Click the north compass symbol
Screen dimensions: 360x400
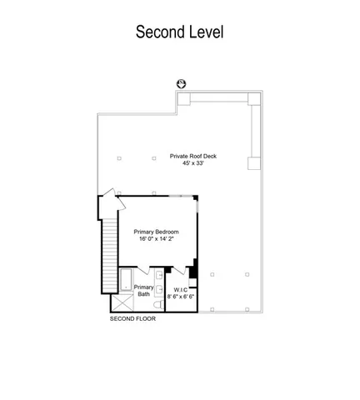click(181, 83)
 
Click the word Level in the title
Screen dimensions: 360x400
click(206, 32)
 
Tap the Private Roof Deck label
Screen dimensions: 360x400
click(193, 156)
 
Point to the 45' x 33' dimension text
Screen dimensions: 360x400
click(193, 163)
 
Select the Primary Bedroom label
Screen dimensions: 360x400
click(156, 232)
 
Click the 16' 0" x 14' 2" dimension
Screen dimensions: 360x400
click(156, 238)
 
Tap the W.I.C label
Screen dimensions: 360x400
click(181, 290)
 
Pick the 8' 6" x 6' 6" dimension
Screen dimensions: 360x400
click(181, 297)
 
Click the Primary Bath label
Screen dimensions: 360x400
click(143, 291)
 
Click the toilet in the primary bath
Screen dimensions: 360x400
click(158, 305)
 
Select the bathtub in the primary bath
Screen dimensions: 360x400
click(126, 280)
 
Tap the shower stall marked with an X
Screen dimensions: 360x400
click(122, 302)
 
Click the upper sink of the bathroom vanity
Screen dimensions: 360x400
click(159, 275)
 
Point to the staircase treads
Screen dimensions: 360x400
click(110, 255)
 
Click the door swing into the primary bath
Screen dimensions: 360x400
click(144, 270)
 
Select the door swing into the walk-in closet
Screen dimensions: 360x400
click(179, 271)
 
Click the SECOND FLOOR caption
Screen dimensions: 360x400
click(132, 319)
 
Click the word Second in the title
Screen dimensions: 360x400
click(160, 32)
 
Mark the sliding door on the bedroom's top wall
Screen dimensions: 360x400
click(181, 196)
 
